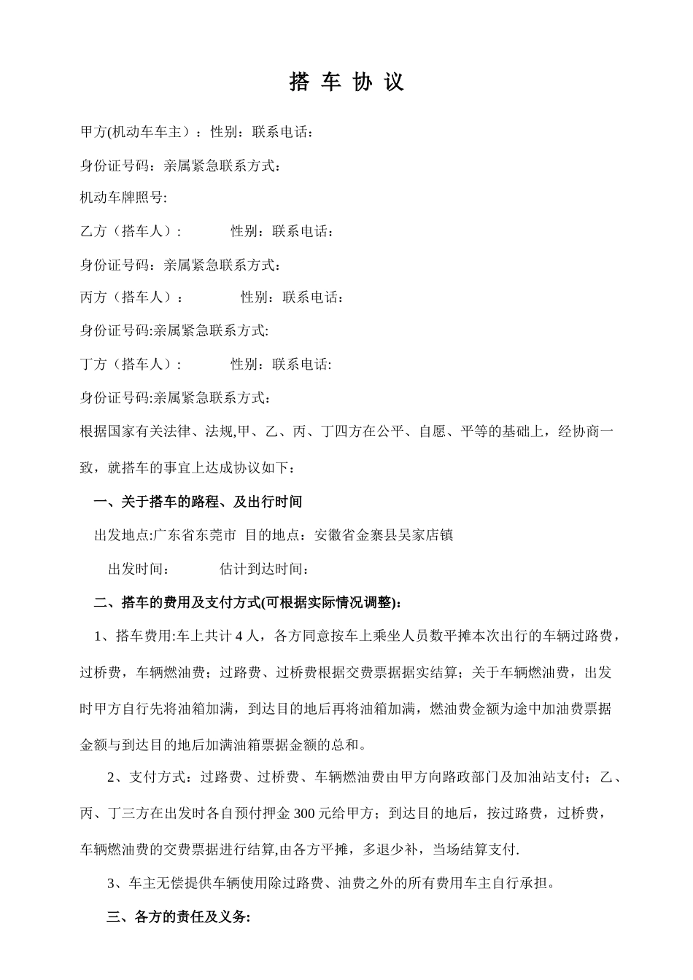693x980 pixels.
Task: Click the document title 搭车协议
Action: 346,82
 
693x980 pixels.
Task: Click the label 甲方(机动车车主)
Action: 135,132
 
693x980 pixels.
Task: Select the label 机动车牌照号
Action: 121,198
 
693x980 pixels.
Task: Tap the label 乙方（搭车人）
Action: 128,231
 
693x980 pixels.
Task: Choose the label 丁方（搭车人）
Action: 128,364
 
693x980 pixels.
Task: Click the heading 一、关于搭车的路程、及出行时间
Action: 198,502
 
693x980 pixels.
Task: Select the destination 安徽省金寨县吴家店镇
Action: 384,535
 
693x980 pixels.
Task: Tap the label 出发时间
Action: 135,569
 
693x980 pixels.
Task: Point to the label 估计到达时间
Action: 260,569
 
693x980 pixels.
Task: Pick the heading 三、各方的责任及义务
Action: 179,917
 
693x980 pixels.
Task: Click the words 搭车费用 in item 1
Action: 142,636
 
